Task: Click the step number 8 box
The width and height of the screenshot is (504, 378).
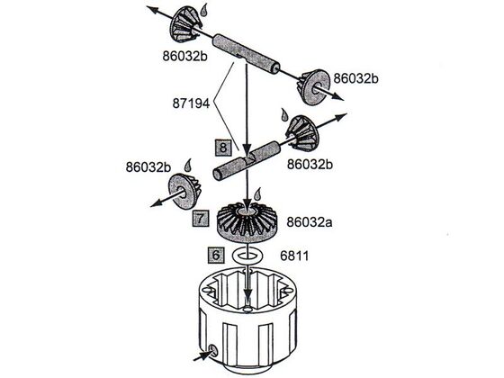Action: click(223, 148)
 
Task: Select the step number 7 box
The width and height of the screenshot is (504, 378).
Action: click(201, 218)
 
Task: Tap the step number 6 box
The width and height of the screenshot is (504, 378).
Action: click(216, 256)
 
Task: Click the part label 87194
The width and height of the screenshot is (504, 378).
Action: click(191, 103)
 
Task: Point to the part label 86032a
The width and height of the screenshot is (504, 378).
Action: click(310, 222)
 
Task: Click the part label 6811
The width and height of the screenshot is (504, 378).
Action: click(294, 256)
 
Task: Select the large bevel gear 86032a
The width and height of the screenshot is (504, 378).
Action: click(247, 221)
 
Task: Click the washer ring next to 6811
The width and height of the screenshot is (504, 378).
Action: click(248, 255)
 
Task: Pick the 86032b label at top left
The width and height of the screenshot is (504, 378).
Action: click(184, 56)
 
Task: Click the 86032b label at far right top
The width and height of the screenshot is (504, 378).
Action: click(355, 78)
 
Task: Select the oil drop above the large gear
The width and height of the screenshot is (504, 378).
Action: click(257, 193)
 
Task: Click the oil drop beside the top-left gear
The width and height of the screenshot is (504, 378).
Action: click(203, 10)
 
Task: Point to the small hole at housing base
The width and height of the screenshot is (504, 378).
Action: click(212, 350)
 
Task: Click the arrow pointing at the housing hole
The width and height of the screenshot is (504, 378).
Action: click(202, 355)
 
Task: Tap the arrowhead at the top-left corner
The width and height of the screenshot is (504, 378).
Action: click(152, 9)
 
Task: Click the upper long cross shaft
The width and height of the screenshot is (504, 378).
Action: click(246, 53)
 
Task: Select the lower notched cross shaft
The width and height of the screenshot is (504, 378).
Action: click(247, 160)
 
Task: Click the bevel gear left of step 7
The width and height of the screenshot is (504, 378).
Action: click(184, 191)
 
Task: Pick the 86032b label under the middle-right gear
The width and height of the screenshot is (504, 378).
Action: click(310, 164)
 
